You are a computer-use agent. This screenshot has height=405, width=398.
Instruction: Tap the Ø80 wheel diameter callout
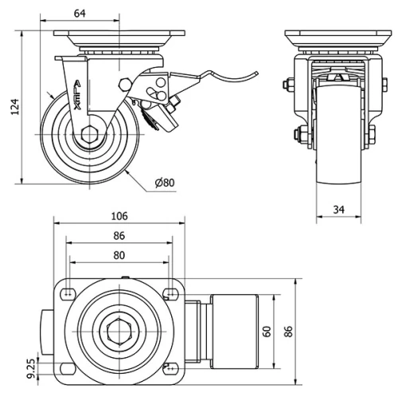(165, 183)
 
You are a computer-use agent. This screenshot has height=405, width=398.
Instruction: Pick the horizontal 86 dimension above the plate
(119, 237)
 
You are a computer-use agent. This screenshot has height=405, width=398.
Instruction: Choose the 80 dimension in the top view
(119, 256)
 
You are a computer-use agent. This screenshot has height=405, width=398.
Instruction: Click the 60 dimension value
(268, 330)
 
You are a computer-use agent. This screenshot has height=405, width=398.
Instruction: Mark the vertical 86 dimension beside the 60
(290, 330)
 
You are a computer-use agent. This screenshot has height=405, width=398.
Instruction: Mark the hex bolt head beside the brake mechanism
(126, 85)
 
